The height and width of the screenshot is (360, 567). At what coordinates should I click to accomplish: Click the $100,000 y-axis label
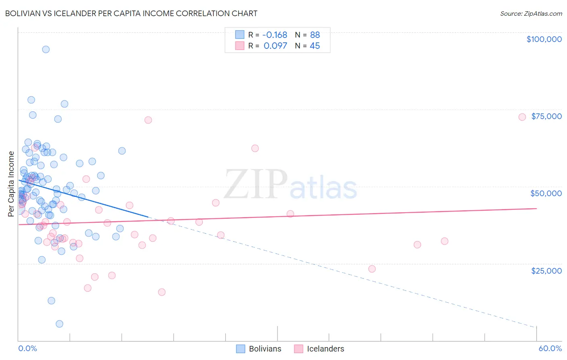(x=544, y=39)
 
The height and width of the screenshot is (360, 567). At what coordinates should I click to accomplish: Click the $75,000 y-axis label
(x=546, y=116)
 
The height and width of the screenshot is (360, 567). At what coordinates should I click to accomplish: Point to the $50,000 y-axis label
(x=546, y=193)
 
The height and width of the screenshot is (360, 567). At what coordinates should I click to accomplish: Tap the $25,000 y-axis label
(x=546, y=271)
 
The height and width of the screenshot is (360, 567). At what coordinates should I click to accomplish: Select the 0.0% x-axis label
(x=27, y=348)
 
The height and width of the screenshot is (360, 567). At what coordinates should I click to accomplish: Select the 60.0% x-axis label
(x=550, y=348)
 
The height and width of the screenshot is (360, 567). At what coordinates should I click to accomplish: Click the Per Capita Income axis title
(x=11, y=184)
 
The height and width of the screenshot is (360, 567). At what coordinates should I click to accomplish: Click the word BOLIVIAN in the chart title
(x=25, y=13)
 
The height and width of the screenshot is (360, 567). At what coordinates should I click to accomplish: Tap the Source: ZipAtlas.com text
(x=531, y=13)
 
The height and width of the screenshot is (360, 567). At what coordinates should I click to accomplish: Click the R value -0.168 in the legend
(x=275, y=35)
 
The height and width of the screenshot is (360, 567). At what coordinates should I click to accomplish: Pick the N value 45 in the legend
(x=315, y=46)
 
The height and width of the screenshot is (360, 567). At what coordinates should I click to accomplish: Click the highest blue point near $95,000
(x=46, y=49)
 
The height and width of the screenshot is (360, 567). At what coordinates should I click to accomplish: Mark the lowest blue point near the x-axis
(x=59, y=324)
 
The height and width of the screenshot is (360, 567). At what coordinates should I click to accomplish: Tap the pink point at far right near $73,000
(x=522, y=117)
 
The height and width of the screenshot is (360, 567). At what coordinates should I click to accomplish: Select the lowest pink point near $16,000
(x=162, y=292)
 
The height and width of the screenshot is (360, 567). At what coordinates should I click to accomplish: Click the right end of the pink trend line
(x=537, y=208)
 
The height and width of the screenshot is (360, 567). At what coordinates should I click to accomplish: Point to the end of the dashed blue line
(x=536, y=327)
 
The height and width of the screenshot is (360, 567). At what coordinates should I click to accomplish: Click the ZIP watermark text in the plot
(x=256, y=184)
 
